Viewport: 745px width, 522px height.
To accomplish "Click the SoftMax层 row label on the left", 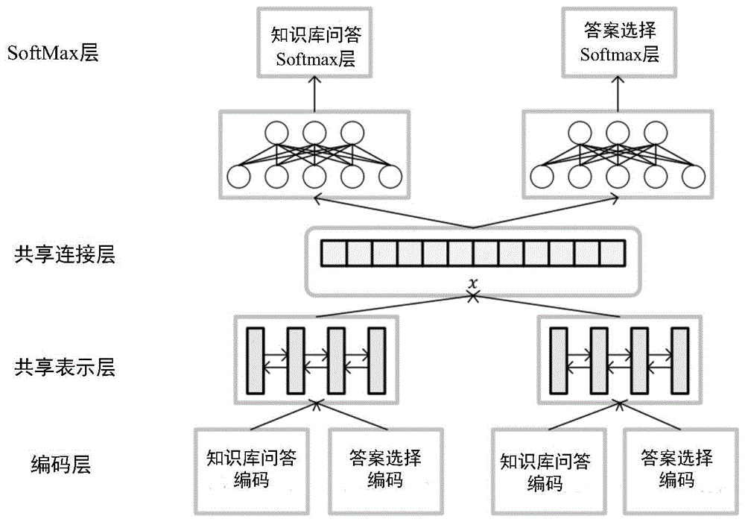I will (x=52, y=54).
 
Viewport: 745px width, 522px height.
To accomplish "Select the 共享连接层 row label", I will (x=64, y=256).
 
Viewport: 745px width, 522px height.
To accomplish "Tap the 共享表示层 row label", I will (x=64, y=367).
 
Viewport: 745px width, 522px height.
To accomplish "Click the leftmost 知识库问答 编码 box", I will (x=250, y=469).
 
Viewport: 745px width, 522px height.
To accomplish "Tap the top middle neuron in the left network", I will (x=314, y=134).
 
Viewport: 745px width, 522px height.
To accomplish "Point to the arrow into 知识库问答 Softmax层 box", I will (x=314, y=93).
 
